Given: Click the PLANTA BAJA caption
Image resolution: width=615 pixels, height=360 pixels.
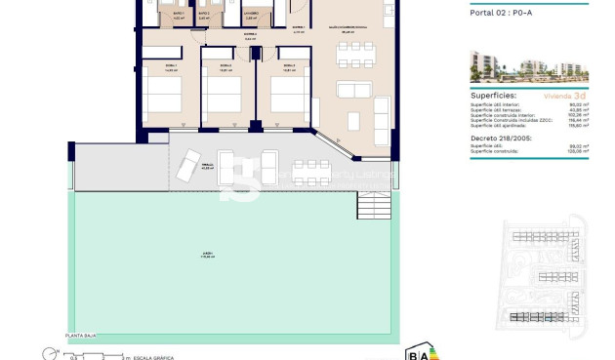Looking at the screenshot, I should [81, 335].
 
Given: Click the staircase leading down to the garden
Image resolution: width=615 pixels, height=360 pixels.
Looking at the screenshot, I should [372, 207].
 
